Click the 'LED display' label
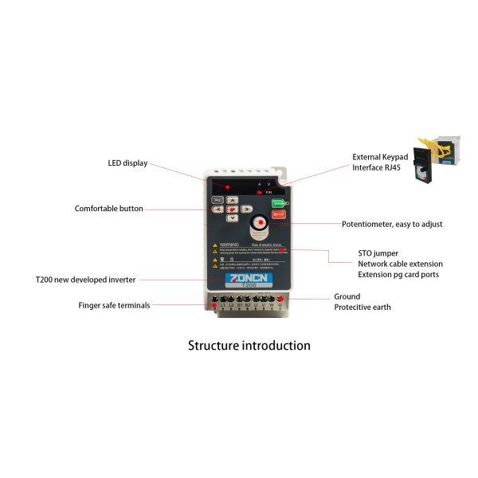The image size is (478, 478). tap(128, 163)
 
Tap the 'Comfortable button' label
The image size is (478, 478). tap(109, 209)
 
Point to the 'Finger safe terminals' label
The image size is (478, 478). tap(114, 305)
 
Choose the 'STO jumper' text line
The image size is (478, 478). tap(378, 253)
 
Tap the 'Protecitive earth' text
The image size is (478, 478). tap(362, 308)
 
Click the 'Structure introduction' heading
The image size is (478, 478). tap(249, 346)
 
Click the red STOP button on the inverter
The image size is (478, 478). tap(278, 215)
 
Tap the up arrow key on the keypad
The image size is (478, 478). tap(232, 201)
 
